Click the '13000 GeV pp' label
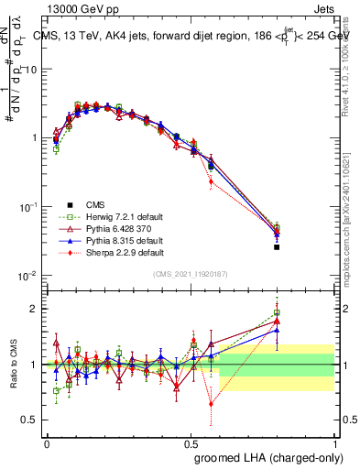[x=79, y=8]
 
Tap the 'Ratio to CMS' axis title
[x=15, y=365]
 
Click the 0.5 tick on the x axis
[x=191, y=442]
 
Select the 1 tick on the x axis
[x=335, y=442]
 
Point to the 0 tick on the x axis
[x=47, y=442]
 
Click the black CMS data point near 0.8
[x=277, y=247]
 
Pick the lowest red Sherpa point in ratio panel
[x=212, y=403]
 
